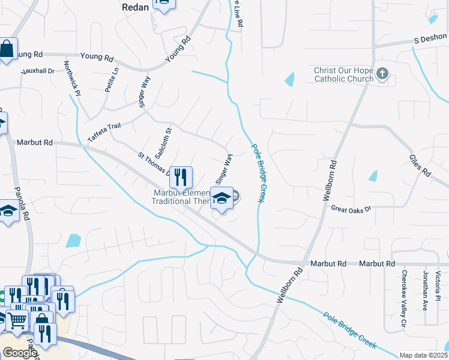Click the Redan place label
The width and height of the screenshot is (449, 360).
click(135, 7)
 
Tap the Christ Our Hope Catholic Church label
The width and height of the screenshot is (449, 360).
click(343, 74)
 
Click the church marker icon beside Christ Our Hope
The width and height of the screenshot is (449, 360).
click(382, 74)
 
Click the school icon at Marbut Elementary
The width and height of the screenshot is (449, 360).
click(221, 198)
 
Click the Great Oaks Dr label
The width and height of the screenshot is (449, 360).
click(351, 209)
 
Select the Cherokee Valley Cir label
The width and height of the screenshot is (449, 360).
click(403, 300)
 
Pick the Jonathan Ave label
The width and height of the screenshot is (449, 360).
click(425, 290)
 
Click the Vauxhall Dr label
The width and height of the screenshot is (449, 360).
click(38, 71)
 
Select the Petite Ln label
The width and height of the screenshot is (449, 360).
click(111, 80)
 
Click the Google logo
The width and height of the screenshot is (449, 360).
click(19, 353)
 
